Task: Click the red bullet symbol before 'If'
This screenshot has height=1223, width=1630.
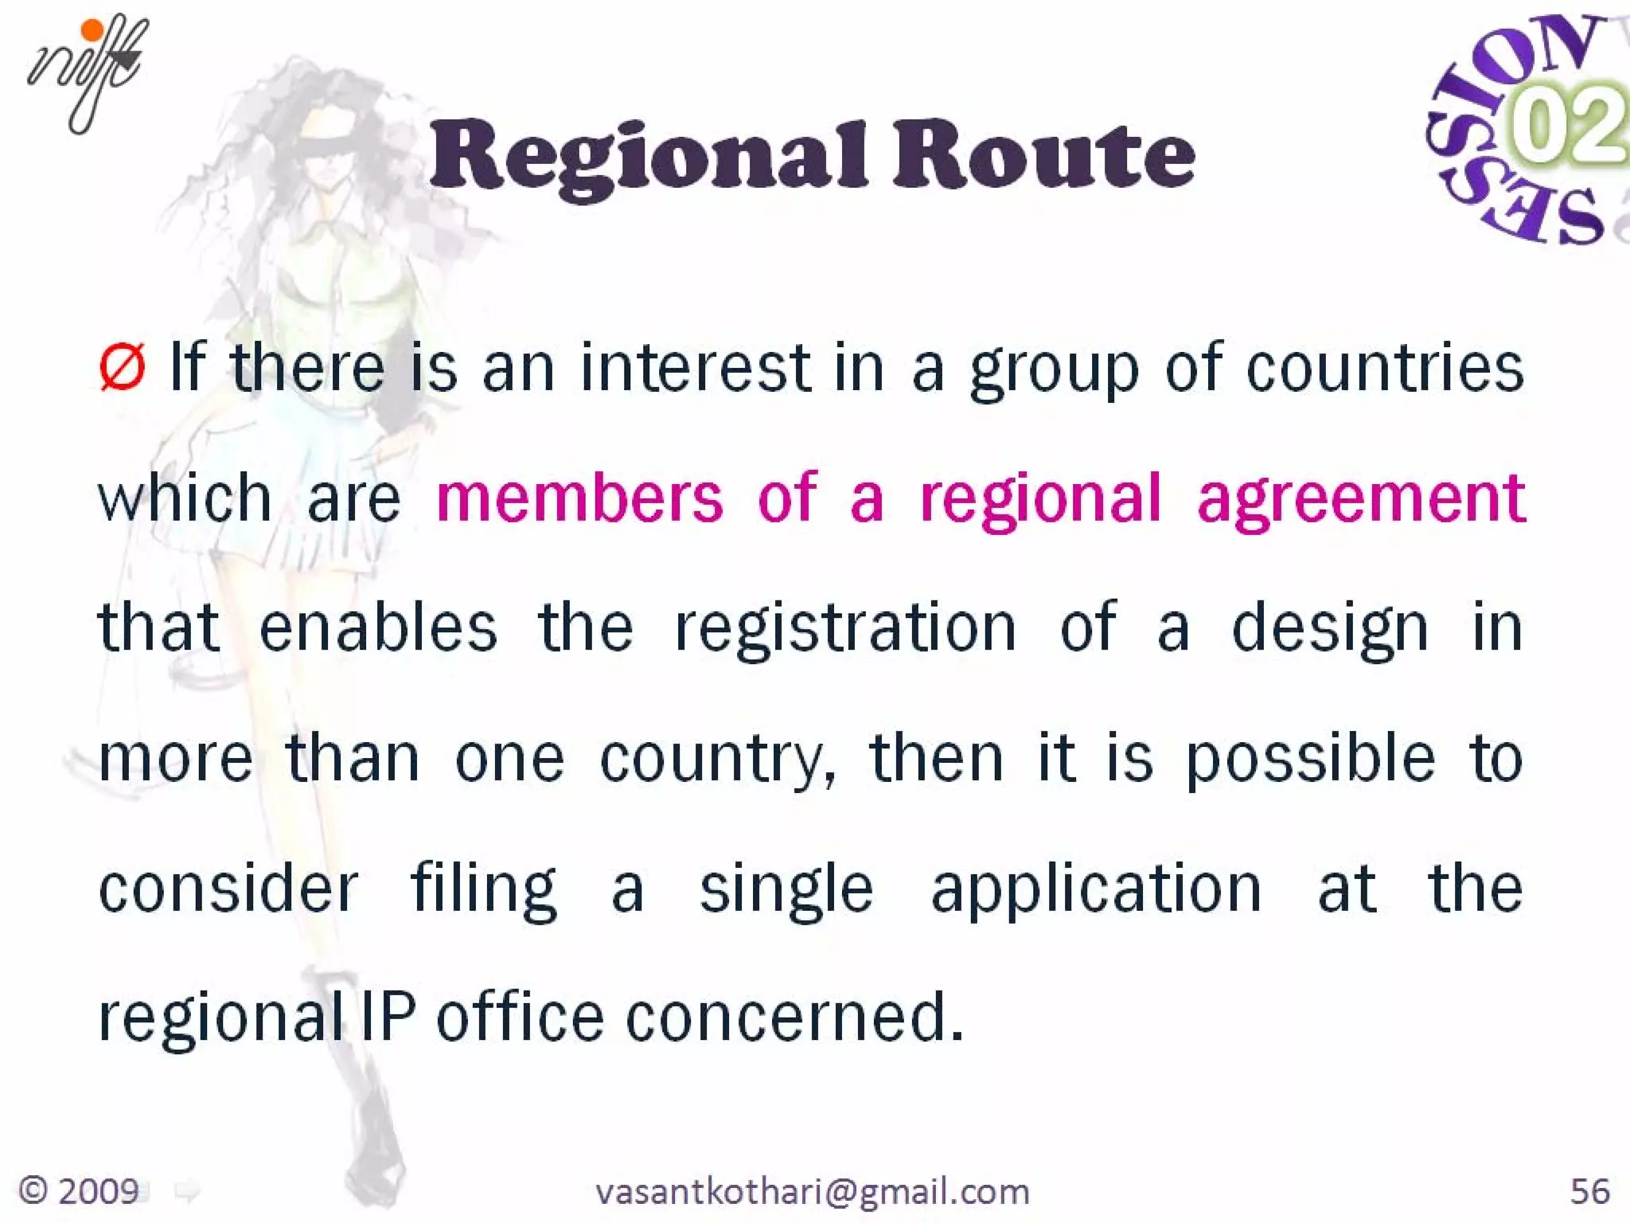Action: [x=123, y=368]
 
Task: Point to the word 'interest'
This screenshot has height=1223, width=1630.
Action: [x=696, y=368]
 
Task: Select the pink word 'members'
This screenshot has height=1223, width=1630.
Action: [x=579, y=498]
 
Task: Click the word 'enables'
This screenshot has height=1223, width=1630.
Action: [x=378, y=627]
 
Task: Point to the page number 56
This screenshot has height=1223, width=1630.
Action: [x=1590, y=1191]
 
